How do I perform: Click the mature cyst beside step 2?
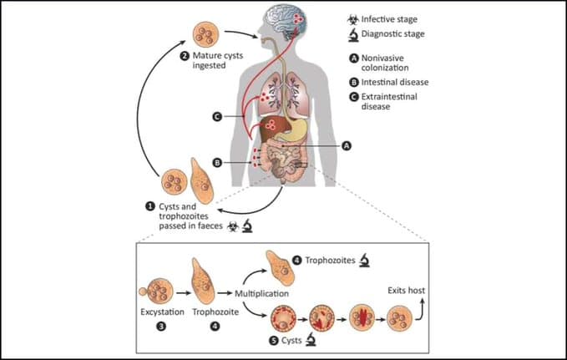pyautogui.click(x=207, y=34)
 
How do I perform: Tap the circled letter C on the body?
pyautogui.click(x=216, y=117)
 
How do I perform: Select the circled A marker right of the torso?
pyautogui.click(x=346, y=145)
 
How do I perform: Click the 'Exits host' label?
pyautogui.click(x=404, y=291)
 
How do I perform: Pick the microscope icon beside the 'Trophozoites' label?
pyautogui.click(x=364, y=261)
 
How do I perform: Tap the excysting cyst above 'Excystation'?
pyautogui.click(x=155, y=292)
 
